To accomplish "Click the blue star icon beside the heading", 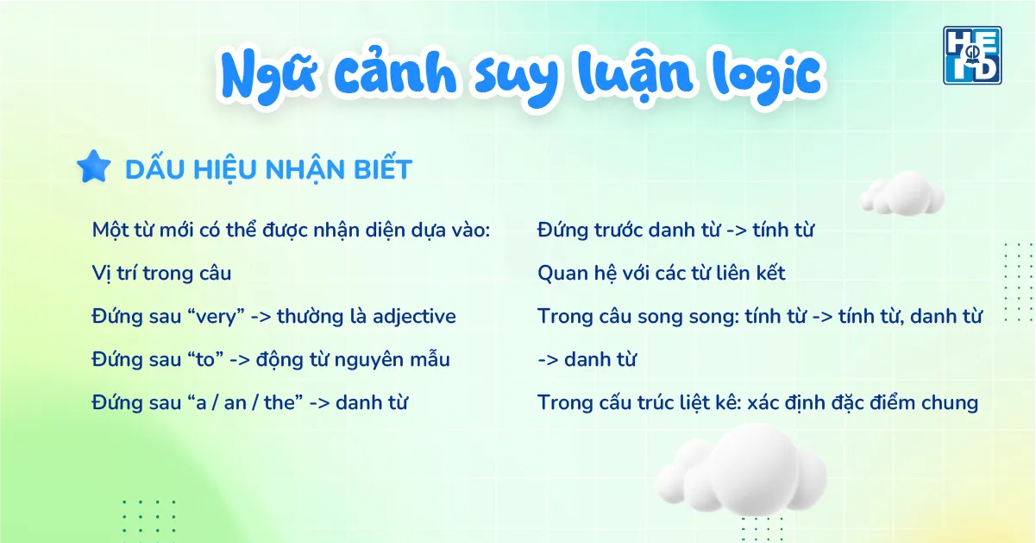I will point(93,167).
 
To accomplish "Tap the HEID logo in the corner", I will point(972,54).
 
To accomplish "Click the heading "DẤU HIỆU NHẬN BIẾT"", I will point(268,169).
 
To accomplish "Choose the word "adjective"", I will point(414,317).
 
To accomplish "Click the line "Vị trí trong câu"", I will point(161,274).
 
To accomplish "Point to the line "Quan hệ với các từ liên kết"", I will point(661,274).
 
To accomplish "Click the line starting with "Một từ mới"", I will point(291,230).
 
